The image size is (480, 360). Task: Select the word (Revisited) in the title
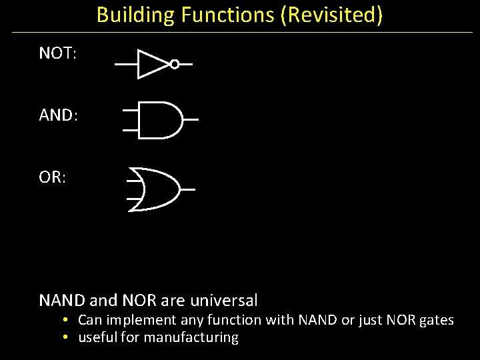[332, 15]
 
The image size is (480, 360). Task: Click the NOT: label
[58, 53]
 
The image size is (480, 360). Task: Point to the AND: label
[59, 115]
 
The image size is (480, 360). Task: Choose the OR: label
[53, 179]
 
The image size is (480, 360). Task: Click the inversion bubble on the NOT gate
[175, 64]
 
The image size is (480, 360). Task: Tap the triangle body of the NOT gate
[151, 64]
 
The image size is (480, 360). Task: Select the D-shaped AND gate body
[160, 120]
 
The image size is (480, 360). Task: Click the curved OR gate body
[157, 189]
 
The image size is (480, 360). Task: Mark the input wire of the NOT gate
[126, 65]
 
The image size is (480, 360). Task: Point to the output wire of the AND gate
[191, 120]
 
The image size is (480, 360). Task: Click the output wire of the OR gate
[187, 189]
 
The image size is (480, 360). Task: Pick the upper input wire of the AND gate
[131, 109]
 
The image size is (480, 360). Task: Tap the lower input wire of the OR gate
[135, 199]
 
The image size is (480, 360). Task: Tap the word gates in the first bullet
[437, 321]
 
